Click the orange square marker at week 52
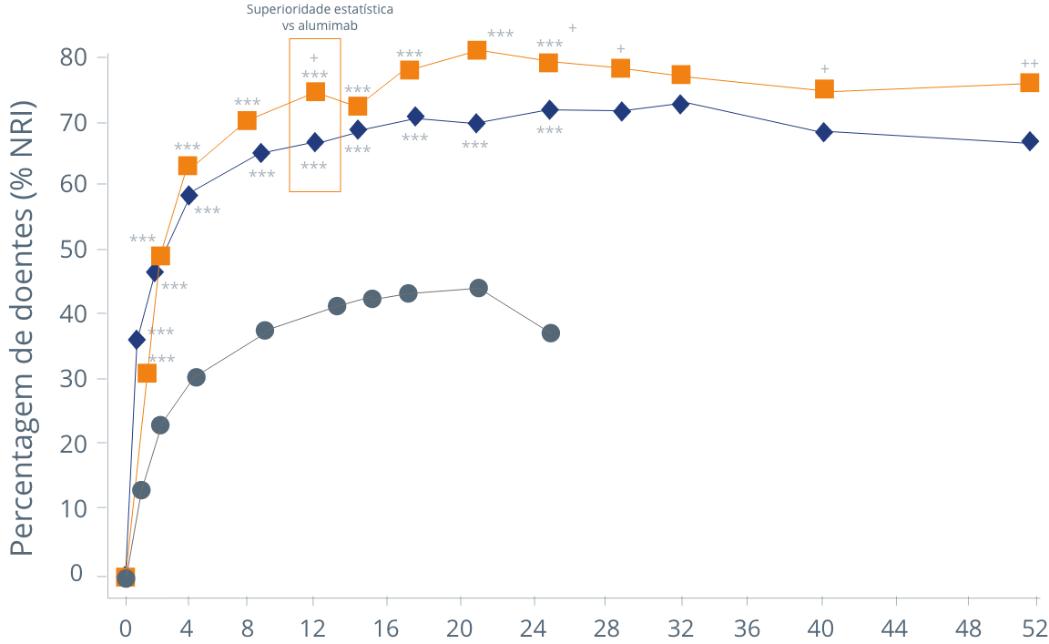[1030, 83]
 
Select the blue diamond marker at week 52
[1030, 141]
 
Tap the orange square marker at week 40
[824, 89]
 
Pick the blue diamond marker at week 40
[824, 132]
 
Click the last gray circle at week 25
[550, 333]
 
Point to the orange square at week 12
[315, 92]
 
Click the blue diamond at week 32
[680, 104]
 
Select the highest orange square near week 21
[477, 50]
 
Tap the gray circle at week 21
[478, 288]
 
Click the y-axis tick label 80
[73, 57]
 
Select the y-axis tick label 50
[73, 250]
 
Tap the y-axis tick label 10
[73, 508]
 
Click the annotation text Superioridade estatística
[320, 10]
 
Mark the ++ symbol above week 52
[1030, 64]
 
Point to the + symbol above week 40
[824, 69]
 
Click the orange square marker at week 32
[680, 75]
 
